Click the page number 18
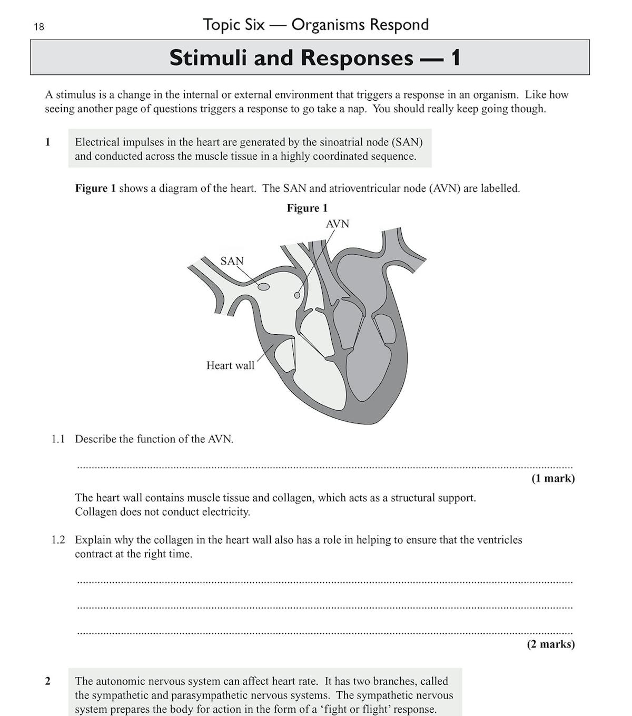[39, 26]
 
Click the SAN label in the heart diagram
[232, 261]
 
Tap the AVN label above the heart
[337, 224]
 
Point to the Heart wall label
[230, 365]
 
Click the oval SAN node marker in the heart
[263, 287]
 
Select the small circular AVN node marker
[297, 295]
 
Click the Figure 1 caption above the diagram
[307, 208]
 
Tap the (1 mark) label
[552, 478]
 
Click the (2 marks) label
[550, 644]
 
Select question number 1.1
[58, 439]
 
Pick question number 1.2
[58, 540]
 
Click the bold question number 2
[48, 681]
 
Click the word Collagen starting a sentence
[96, 512]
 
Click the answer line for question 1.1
[324, 467]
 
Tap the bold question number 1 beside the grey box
[48, 142]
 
